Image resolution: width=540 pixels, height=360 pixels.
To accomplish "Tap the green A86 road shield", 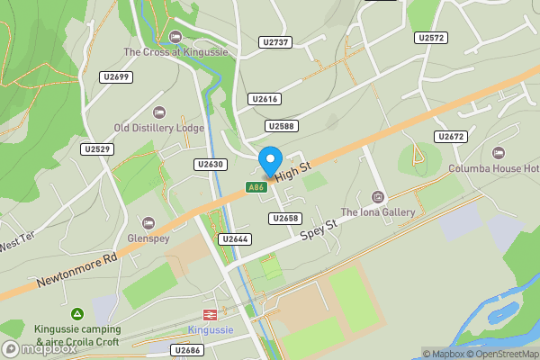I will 256,187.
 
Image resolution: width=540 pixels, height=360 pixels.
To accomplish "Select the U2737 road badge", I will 274,42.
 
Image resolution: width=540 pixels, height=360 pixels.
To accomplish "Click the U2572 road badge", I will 431,38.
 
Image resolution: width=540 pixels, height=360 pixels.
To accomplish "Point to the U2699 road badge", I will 118,77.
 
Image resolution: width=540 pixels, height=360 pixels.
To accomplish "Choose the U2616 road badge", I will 265,99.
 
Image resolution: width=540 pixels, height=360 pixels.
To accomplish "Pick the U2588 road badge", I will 282,127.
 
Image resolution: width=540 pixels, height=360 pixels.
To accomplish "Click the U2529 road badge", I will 96,148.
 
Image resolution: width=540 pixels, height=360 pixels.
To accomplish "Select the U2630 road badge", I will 210,165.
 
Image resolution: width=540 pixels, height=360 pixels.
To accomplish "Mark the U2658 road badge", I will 283,219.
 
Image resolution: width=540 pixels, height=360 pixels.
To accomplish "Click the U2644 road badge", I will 233,239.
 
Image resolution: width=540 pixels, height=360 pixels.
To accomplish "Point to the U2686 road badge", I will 188,350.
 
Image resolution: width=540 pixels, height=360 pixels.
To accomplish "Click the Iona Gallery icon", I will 378,197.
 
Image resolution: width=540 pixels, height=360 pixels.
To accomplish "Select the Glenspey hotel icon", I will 148,222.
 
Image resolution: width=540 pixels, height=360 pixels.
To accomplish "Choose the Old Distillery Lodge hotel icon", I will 160,112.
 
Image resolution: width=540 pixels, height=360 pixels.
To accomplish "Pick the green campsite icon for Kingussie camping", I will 77,313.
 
